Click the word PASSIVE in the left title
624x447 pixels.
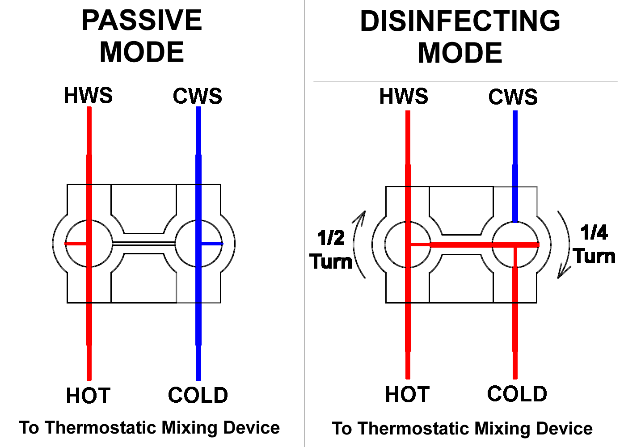142,20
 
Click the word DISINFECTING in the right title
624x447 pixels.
460,21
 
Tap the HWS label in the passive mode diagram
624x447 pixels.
88,95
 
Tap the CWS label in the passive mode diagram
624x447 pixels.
198,96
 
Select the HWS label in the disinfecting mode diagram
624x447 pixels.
404,96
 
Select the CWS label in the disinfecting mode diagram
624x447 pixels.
513,97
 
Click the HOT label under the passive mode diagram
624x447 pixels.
88,396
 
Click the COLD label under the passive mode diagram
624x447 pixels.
198,395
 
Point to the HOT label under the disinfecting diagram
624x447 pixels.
407,394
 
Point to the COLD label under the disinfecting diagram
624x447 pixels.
517,394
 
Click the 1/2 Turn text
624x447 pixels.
331,250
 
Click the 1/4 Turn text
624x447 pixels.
594,244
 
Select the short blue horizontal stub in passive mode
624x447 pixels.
212,244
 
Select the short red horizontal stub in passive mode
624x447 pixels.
76,244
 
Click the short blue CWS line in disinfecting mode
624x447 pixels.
515,167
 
